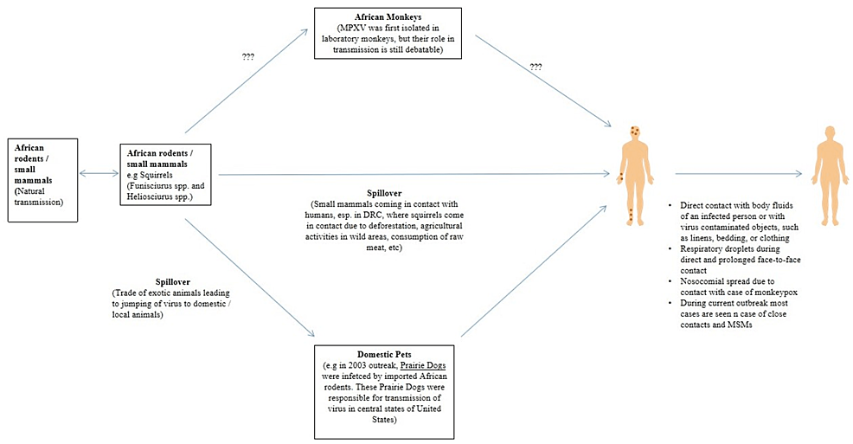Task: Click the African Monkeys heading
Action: [x=388, y=16]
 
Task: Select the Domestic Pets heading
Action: [x=384, y=354]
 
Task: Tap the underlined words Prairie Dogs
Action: [x=423, y=365]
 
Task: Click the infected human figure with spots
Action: [x=635, y=176]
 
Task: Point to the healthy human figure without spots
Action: [x=830, y=176]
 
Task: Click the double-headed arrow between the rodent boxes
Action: [x=99, y=174]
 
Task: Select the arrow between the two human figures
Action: [x=739, y=174]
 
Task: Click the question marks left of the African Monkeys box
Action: [x=247, y=56]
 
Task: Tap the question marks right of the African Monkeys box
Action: [x=536, y=67]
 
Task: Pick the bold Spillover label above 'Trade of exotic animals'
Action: [x=173, y=282]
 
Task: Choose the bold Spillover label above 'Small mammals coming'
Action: [x=384, y=193]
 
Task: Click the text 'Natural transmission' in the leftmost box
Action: [x=38, y=196]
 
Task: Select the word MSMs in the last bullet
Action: [x=739, y=325]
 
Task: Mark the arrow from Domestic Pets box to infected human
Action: [x=534, y=271]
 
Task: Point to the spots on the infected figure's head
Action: [x=635, y=132]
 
